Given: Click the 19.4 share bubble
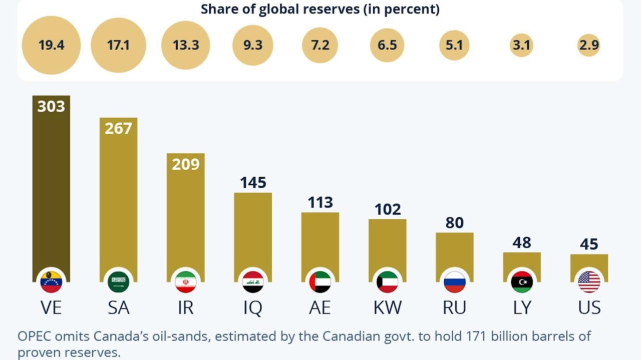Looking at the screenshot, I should click(51, 45).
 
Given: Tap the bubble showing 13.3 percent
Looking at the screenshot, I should click(186, 45).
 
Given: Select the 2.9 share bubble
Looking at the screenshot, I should click(588, 45).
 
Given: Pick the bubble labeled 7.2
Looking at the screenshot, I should click(320, 45).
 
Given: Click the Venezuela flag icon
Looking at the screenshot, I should click(51, 282).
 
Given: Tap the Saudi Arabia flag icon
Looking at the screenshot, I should click(118, 282).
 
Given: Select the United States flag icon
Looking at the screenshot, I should click(589, 282).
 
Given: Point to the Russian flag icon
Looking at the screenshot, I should click(454, 282).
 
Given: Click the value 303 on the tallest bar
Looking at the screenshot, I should click(51, 106).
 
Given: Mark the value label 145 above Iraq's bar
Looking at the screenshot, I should click(253, 182).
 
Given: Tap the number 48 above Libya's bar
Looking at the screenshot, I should click(522, 243).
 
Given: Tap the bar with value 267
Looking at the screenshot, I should click(118, 200).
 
